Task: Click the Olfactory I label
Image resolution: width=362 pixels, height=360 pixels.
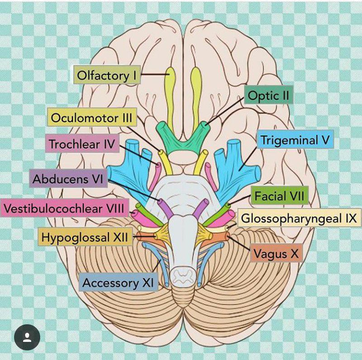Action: tap(107, 75)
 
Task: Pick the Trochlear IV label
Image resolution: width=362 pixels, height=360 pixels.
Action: tap(82, 144)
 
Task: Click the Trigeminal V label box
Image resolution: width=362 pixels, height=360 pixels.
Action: tap(295, 140)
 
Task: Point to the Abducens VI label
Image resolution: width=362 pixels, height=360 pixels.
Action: tap(68, 179)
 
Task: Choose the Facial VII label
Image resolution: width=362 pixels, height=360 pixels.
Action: tap(279, 196)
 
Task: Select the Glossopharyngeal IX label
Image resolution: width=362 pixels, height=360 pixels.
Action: tap(299, 219)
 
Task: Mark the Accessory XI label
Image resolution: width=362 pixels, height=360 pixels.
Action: tap(118, 283)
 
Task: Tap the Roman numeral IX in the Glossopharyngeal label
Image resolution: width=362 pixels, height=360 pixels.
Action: tap(348, 219)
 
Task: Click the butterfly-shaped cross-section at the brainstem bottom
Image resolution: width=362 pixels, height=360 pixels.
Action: tap(185, 276)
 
